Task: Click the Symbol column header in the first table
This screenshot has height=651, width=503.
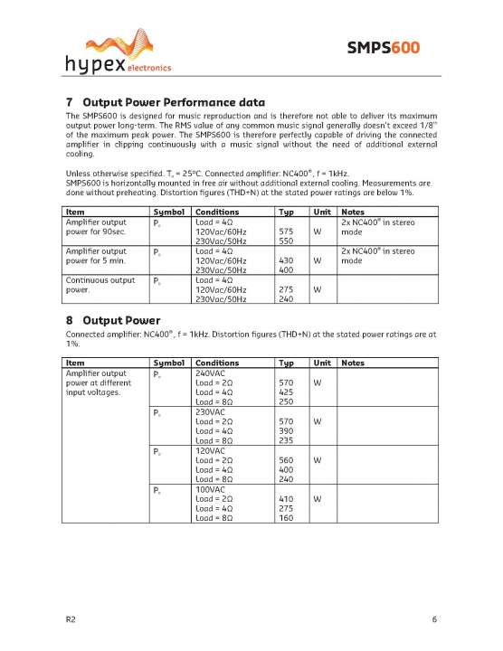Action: coord(168,212)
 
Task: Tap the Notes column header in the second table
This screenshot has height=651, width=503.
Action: coord(353,363)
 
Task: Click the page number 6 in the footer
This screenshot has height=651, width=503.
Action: coord(434,619)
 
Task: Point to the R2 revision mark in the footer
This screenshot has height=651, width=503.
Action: coord(71,619)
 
